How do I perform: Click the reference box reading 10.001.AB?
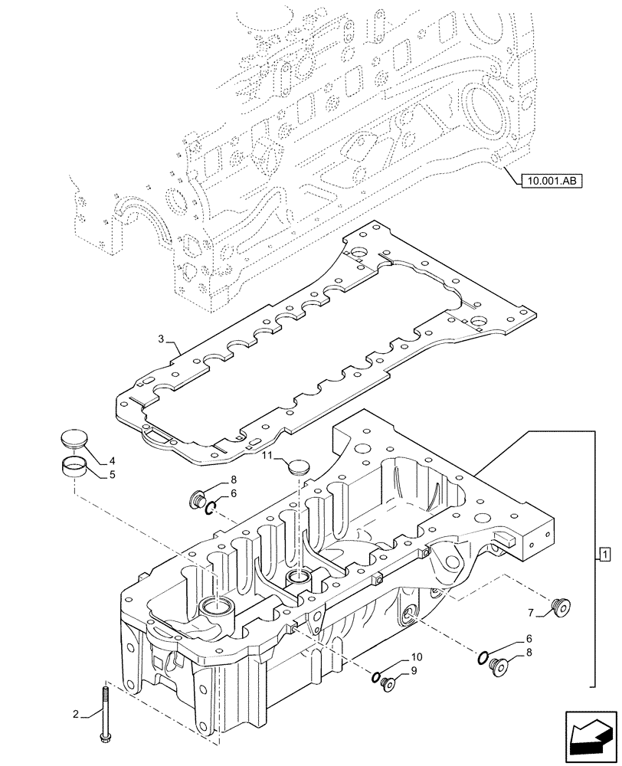tap(551, 181)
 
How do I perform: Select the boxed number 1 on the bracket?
tap(604, 554)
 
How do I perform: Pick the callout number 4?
tap(111, 461)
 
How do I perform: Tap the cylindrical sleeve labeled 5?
tap(74, 466)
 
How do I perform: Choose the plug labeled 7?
tap(560, 607)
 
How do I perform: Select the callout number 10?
tap(416, 658)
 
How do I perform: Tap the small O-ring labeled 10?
tap(375, 677)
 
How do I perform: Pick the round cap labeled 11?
tap(296, 466)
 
